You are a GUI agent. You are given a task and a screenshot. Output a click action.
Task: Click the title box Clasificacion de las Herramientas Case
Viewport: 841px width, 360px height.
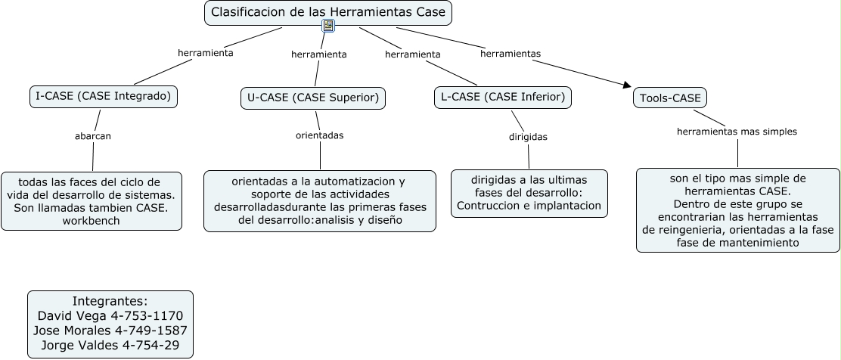coord(328,13)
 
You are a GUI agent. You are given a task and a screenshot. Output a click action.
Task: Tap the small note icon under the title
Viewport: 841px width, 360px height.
coord(328,25)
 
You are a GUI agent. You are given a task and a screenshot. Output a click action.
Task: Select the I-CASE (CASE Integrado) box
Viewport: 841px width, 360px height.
coord(104,97)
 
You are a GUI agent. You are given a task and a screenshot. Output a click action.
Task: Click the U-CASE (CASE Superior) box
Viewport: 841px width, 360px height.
coord(313,98)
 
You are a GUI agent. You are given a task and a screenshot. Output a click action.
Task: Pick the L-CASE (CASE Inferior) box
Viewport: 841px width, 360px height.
coord(503,97)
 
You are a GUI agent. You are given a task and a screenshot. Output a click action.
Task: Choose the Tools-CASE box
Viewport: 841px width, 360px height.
coord(670,98)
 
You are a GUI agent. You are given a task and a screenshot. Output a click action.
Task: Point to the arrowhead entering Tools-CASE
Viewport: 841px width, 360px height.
coord(628,85)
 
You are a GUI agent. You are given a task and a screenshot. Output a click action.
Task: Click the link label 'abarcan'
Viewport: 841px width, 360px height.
coord(93,136)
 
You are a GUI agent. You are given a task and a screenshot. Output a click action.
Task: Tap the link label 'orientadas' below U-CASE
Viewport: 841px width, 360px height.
coord(320,135)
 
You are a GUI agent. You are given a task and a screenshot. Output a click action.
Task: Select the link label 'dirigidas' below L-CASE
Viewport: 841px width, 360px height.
coord(529,137)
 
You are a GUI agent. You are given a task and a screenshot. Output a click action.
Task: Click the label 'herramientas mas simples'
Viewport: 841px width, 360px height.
coord(737,132)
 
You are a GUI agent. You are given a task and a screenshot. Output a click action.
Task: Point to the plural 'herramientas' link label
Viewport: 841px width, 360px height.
coord(510,54)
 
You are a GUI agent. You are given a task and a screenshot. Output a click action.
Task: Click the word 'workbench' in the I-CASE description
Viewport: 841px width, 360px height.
coord(92,221)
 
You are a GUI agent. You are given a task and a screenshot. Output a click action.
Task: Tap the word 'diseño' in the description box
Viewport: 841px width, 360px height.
coord(384,220)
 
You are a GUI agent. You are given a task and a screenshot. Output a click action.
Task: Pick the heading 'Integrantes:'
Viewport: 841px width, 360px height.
coord(110,300)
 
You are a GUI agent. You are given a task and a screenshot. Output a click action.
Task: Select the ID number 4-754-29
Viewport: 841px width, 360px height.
coord(151,345)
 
